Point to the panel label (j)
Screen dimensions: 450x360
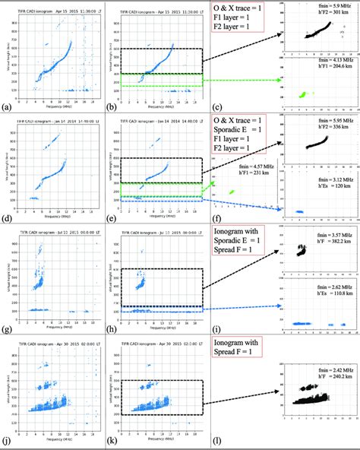7,442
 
